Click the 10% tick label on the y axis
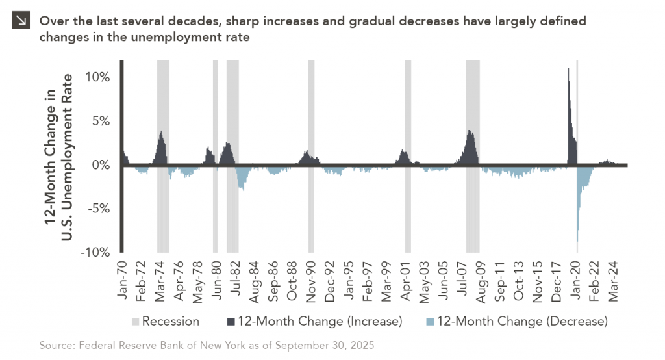[96, 77]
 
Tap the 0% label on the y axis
[100, 165]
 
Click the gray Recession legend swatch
[135, 321]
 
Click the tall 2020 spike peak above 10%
[569, 69]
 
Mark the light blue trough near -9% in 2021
[577, 240]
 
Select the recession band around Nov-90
[311, 156]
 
